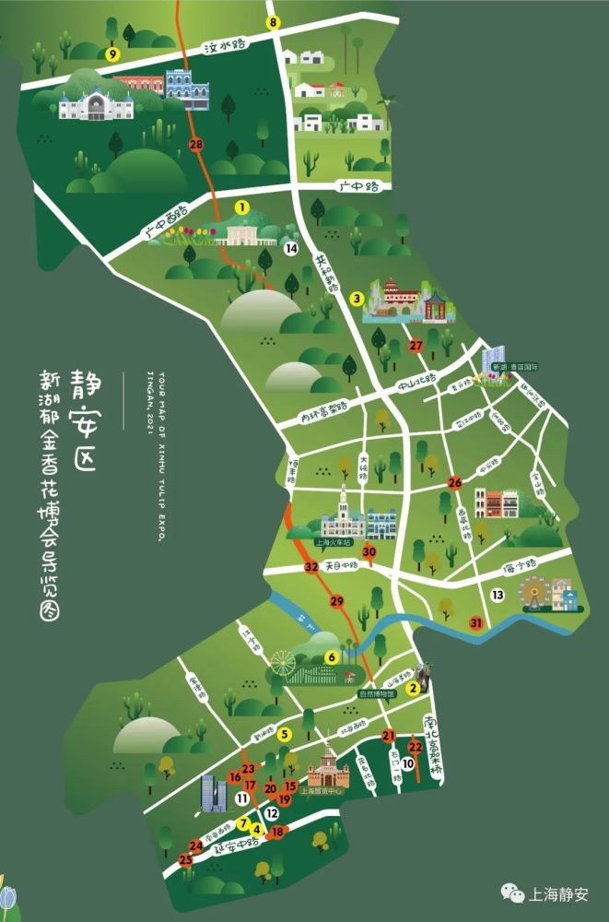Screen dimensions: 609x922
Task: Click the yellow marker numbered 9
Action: pos(112,54)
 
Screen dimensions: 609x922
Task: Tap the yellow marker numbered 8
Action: pos(273,22)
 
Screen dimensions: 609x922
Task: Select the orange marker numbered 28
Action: pos(195,145)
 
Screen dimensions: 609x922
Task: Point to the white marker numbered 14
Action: pos(290,249)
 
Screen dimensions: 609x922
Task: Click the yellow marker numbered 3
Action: pos(356,298)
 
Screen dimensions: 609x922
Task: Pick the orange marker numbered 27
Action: pos(416,346)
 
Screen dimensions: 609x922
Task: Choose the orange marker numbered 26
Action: pos(454,482)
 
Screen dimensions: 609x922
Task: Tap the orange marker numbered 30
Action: pos(369,552)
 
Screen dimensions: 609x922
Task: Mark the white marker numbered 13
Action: pos(498,596)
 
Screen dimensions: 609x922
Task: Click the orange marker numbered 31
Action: pos(476,623)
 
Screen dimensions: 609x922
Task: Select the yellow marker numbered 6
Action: pos(330,656)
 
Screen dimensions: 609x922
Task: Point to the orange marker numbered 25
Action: pos(185,860)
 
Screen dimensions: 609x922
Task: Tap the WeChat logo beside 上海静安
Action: pos(509,892)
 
